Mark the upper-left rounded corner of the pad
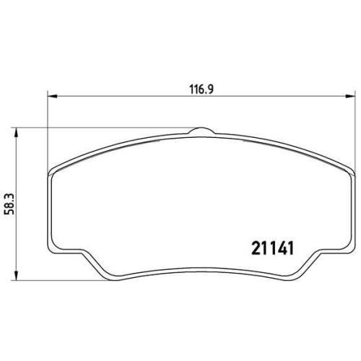point(56,172)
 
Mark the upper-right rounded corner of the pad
point(347,172)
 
